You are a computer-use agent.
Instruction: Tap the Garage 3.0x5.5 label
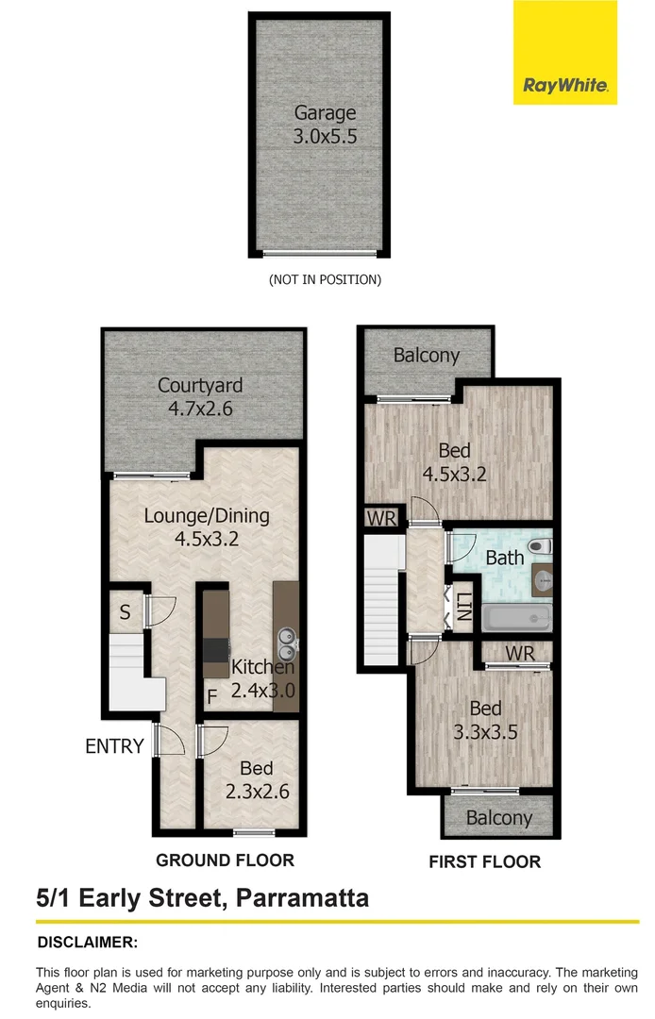tap(325, 125)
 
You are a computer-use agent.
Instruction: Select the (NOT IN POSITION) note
tap(325, 279)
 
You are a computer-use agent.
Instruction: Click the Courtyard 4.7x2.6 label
tap(200, 396)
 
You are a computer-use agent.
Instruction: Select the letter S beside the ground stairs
tap(125, 611)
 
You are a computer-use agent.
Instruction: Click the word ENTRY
tap(114, 746)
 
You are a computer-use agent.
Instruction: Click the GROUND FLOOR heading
tap(225, 860)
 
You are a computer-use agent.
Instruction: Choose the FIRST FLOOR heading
tap(484, 861)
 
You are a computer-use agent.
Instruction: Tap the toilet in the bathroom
tap(538, 546)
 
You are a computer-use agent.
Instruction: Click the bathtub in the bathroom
tap(515, 618)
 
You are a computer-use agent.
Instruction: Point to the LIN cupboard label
tap(463, 604)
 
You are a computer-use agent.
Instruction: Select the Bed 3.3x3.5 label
tap(485, 720)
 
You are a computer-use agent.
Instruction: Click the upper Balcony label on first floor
tap(427, 356)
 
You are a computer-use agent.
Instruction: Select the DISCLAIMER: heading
tap(87, 942)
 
